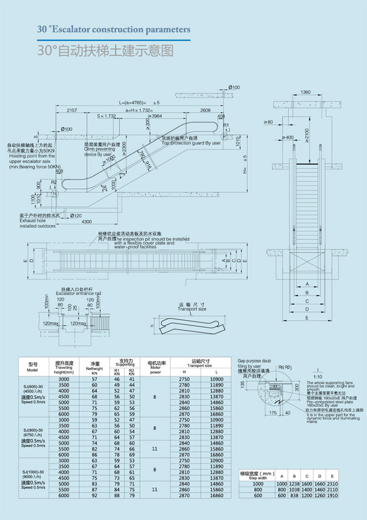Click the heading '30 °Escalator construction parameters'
[114, 28]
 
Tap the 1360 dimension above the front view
[306, 92]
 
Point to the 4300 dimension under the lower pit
[86, 222]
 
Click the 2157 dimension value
[72, 110]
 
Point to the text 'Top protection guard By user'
[192, 143]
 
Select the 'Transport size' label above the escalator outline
[192, 309]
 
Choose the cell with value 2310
[331, 484]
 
